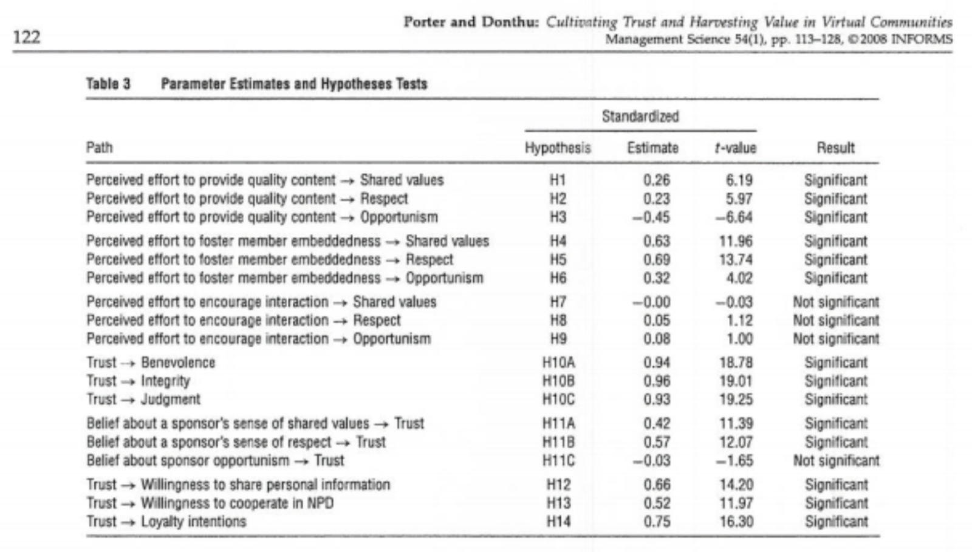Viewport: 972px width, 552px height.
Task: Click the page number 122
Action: (27, 37)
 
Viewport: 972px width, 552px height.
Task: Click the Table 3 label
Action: (108, 83)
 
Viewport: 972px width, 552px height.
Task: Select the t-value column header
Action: (736, 148)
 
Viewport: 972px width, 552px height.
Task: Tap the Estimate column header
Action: (652, 148)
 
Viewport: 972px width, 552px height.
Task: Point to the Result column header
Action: (836, 148)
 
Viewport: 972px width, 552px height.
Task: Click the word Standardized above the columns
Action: (640, 116)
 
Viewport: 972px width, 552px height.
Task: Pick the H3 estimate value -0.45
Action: (651, 217)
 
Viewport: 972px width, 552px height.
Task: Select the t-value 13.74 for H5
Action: (736, 259)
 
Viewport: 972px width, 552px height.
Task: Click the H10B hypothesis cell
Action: (558, 381)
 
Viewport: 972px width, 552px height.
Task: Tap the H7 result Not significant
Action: (836, 302)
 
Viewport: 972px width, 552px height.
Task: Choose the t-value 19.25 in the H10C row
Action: (736, 400)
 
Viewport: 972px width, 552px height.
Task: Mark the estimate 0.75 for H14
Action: (657, 522)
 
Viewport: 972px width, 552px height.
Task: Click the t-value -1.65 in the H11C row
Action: (734, 460)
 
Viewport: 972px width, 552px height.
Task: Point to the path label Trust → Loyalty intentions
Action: (166, 522)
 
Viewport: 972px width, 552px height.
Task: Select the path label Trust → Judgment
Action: (143, 400)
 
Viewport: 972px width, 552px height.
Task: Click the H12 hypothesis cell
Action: (558, 485)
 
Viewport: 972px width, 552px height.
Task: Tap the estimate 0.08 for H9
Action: (657, 339)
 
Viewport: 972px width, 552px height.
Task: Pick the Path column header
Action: (100, 148)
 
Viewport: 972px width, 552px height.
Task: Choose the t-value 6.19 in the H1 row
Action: (739, 180)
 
